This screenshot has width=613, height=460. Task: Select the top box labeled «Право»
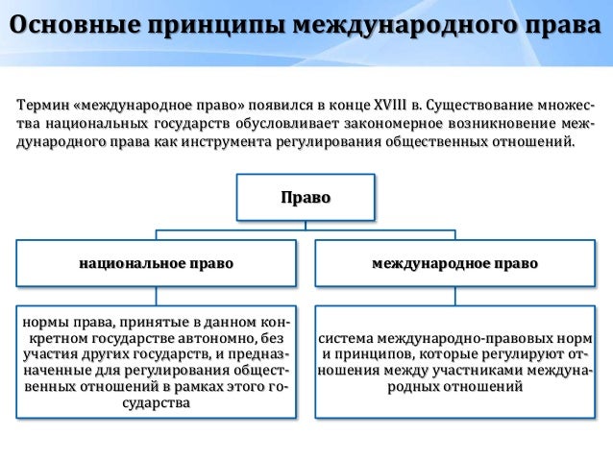point(306,198)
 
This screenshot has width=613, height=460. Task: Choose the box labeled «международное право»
point(454,262)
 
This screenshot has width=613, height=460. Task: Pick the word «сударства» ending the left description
point(156,403)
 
